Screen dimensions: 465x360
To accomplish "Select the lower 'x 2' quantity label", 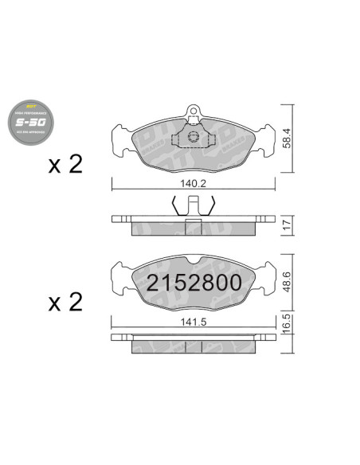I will click(x=65, y=303).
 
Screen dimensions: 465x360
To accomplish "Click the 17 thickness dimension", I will click(x=288, y=225).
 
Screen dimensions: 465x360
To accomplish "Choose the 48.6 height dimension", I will click(x=288, y=283).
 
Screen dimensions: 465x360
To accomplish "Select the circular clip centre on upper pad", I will click(x=193, y=139).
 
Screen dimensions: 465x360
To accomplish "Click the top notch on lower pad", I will click(x=193, y=259).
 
